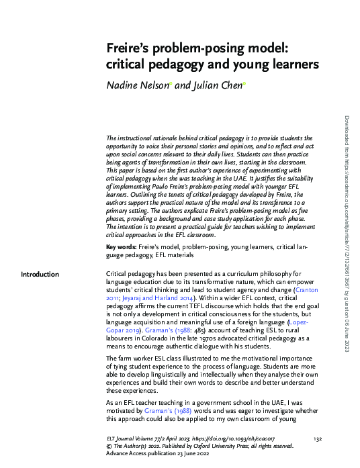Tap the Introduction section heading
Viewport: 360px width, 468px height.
click(40, 274)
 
